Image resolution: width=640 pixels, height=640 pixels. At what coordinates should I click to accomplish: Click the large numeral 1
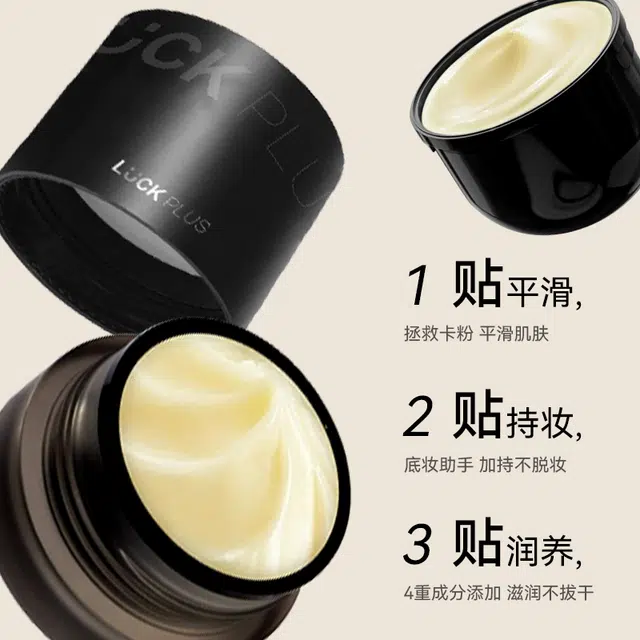click(x=418, y=287)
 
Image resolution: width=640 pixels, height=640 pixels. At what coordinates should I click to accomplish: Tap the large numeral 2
click(x=417, y=417)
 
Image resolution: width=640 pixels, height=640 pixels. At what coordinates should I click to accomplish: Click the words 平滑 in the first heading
click(x=538, y=293)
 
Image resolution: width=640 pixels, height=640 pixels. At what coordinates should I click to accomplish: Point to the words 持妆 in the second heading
click(x=538, y=423)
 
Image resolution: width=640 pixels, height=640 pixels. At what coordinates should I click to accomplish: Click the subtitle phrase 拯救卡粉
click(x=438, y=333)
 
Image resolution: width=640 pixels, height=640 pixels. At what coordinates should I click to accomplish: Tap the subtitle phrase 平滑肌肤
click(x=514, y=333)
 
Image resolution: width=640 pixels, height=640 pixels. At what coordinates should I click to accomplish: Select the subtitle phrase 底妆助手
click(x=438, y=464)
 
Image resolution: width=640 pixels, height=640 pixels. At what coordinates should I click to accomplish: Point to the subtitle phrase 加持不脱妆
click(x=522, y=464)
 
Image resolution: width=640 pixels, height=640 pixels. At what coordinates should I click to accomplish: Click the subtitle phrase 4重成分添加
click(x=452, y=593)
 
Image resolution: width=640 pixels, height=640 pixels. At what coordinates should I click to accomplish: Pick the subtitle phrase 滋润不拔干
click(x=550, y=593)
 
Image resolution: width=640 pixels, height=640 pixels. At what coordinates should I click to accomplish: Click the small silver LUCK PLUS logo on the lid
click(x=161, y=197)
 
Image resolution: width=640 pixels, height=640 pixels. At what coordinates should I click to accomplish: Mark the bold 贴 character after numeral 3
click(x=477, y=542)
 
